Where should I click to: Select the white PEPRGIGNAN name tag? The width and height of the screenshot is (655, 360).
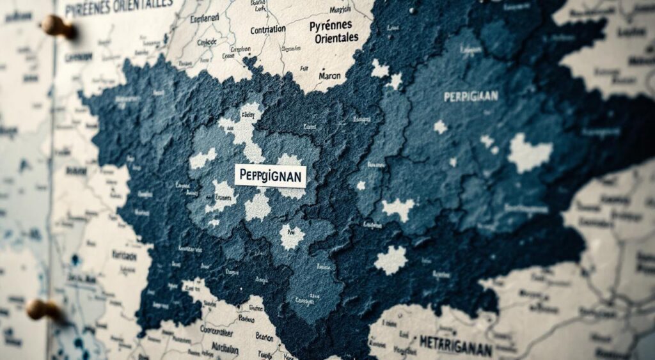270,175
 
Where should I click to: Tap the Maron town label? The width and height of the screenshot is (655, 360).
329,75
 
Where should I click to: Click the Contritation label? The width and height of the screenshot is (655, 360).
268,30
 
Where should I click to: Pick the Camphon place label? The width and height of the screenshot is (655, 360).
241,49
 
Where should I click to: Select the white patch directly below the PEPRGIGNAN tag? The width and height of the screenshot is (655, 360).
258,207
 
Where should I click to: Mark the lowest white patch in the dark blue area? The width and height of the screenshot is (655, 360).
390,260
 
